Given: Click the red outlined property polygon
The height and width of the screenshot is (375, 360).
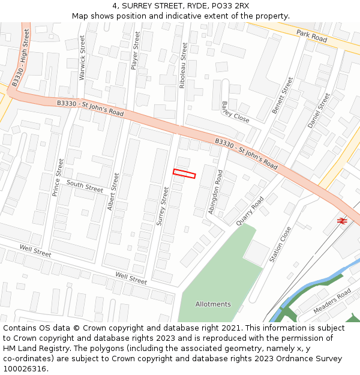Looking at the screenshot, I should (184, 174).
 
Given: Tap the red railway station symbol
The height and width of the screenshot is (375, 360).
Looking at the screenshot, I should (342, 221).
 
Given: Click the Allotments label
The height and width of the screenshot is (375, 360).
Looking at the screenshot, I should (213, 304).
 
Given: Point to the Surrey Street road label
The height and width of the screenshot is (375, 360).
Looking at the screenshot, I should (162, 206).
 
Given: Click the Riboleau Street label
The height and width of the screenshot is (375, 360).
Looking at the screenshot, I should (183, 65).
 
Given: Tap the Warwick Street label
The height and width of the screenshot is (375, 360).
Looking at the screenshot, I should (83, 57).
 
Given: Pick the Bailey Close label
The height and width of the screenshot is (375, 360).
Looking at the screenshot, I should (235, 112).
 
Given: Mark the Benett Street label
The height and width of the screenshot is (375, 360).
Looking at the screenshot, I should (282, 95).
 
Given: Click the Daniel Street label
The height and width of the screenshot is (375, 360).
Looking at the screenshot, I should (319, 110).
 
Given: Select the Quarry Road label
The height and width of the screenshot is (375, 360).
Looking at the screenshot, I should (250, 211).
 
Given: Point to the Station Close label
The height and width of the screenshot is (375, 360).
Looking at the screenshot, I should (280, 244).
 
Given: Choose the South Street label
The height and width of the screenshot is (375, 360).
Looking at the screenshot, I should (85, 186).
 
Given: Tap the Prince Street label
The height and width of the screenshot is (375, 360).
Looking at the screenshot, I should (58, 178).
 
